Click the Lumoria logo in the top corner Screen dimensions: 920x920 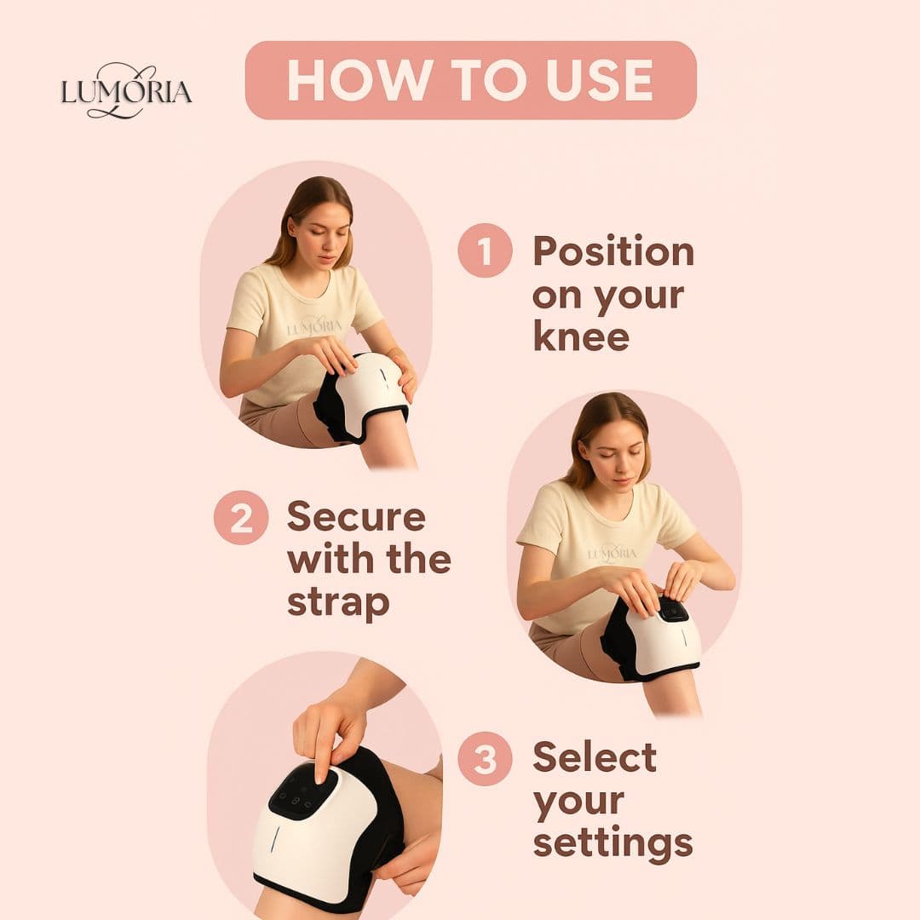click(126, 90)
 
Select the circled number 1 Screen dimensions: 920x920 click(485, 251)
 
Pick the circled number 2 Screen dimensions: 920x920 click(241, 518)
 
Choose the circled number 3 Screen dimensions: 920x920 click(485, 759)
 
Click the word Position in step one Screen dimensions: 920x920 click(613, 252)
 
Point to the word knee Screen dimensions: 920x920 click(581, 336)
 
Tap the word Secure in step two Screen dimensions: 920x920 click(356, 516)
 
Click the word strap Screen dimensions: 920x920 click(338, 601)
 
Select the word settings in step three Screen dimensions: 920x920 click(612, 842)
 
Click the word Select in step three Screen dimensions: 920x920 click(595, 757)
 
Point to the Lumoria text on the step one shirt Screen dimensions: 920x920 click(314, 326)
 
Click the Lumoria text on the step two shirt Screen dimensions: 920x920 click(612, 553)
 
